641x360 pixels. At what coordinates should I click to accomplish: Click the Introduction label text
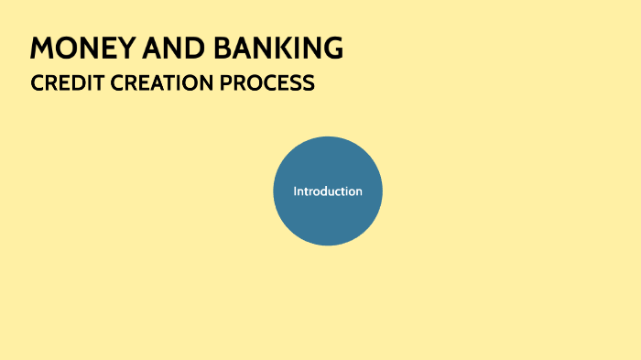(327, 191)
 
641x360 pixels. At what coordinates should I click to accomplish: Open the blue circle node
(327, 220)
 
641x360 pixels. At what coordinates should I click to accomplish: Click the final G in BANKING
(332, 49)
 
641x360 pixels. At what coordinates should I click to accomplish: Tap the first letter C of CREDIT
(37, 83)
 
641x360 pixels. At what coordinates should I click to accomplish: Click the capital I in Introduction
(295, 191)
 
